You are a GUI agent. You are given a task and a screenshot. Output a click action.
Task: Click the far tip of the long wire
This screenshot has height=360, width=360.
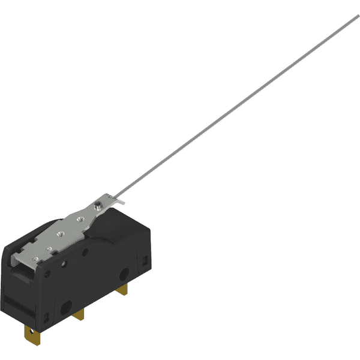358,16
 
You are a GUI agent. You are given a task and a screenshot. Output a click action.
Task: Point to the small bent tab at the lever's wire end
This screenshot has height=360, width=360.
120,202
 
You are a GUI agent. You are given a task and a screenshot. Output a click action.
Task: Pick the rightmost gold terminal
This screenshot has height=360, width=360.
124,290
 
